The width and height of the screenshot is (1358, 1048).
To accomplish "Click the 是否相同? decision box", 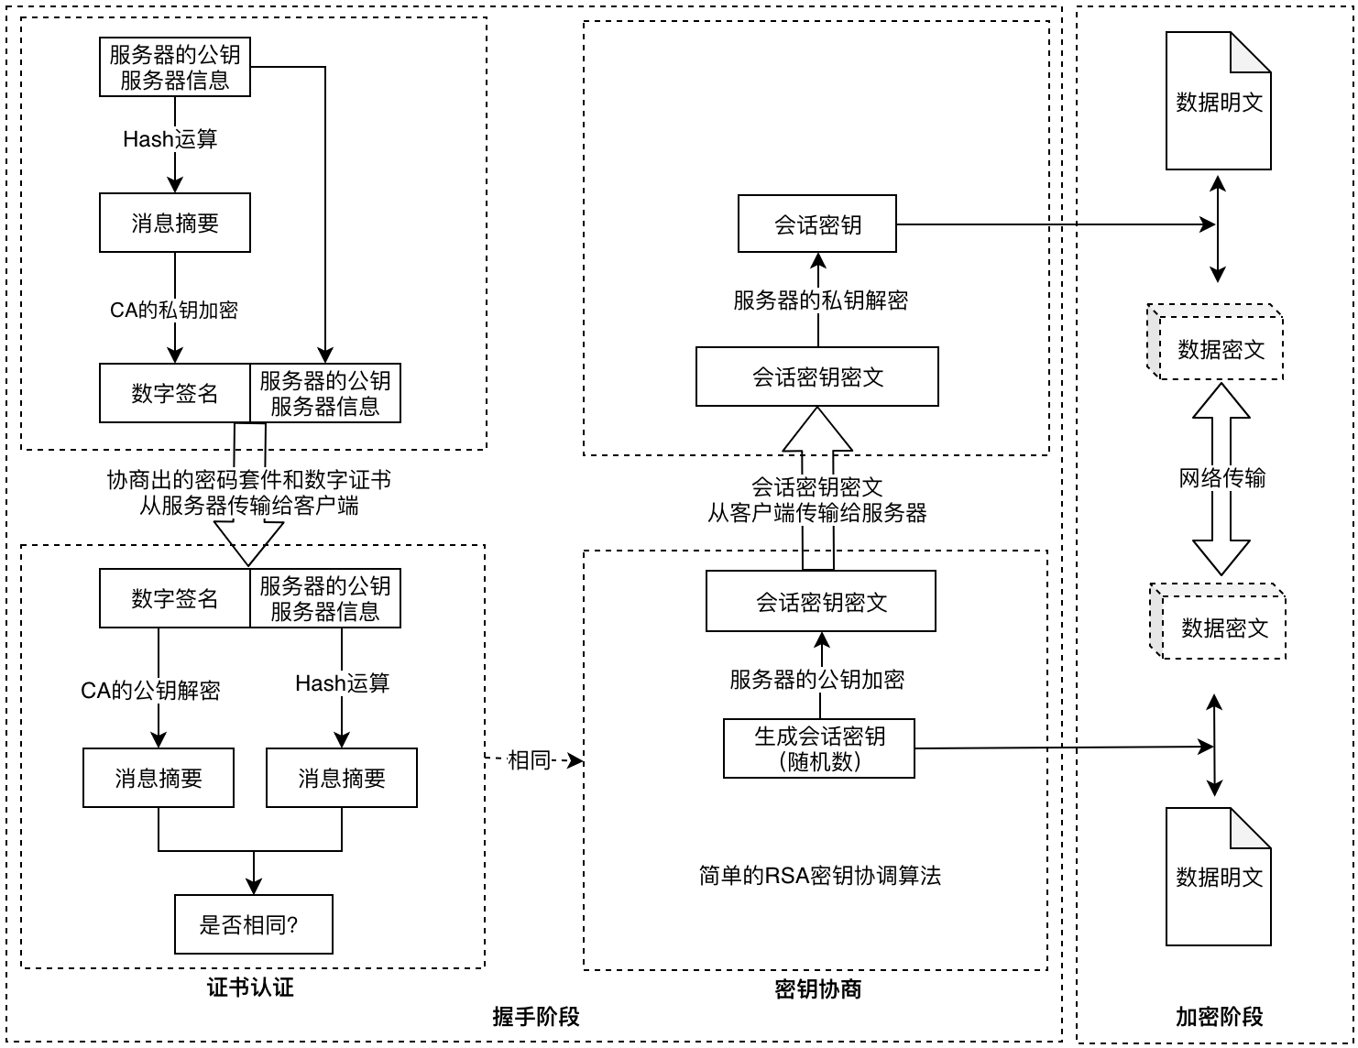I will coord(253,924).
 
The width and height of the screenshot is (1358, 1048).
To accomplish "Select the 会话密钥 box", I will coord(817,224).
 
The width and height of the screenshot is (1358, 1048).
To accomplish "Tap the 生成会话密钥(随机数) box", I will coord(819,748).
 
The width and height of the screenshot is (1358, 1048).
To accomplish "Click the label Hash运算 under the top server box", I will coord(170,139).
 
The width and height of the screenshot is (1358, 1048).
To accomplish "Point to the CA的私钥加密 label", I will coord(174,310).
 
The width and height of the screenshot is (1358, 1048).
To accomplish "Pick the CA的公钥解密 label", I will coord(150,690).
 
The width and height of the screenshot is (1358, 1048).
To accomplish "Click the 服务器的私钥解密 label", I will coord(820,300).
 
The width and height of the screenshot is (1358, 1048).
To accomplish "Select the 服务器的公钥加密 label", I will coord(817,679).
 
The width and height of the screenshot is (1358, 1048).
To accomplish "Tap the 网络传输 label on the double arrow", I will coord(1221,477).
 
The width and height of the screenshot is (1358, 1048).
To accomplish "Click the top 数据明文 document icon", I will coord(1218,103).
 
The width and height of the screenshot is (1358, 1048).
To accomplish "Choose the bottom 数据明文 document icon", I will coord(1218,878).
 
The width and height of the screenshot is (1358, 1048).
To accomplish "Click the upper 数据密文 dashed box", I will coord(1220,349).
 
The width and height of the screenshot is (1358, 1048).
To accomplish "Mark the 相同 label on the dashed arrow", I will coord(529,759).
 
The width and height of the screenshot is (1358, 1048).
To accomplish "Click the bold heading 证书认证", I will coord(250,988).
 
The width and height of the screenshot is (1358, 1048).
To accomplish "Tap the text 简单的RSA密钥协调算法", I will coord(819,876).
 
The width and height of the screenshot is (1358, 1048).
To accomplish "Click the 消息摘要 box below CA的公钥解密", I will coord(159,778).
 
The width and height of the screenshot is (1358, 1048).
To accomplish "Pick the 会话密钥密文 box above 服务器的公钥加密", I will coord(821,602).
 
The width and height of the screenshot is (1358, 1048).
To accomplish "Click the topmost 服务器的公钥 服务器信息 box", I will coord(175,67).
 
